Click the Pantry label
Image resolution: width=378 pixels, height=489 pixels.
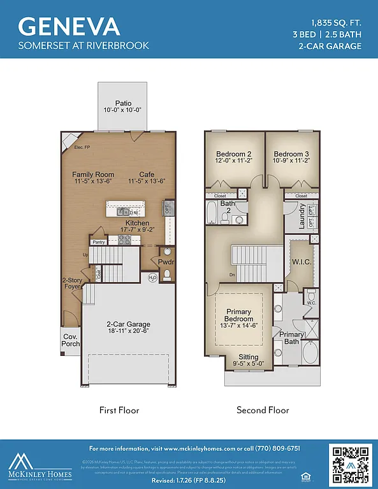point(98,242)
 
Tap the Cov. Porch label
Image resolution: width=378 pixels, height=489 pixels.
point(71,340)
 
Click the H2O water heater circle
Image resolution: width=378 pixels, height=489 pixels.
point(153,278)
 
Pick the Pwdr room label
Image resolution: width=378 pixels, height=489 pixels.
point(166,262)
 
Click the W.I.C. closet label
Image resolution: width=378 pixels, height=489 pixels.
point(302,262)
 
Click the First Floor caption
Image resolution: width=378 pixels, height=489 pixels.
point(119,410)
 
